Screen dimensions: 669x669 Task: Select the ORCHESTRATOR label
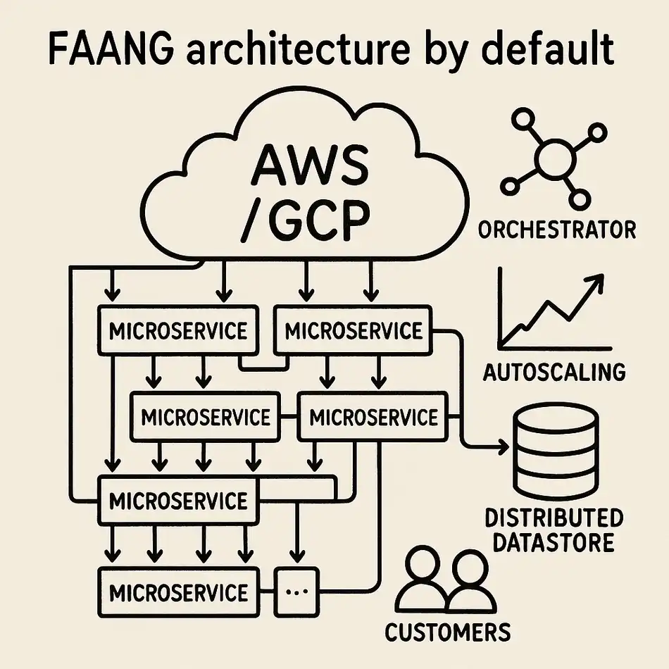click(556, 230)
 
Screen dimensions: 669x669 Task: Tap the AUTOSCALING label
click(554, 371)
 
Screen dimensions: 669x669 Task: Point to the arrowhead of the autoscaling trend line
click(597, 282)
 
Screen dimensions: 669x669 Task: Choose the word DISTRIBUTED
click(554, 519)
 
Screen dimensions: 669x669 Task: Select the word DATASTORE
click(554, 543)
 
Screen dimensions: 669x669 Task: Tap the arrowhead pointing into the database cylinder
click(502, 446)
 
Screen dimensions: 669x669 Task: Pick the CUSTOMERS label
click(447, 631)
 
